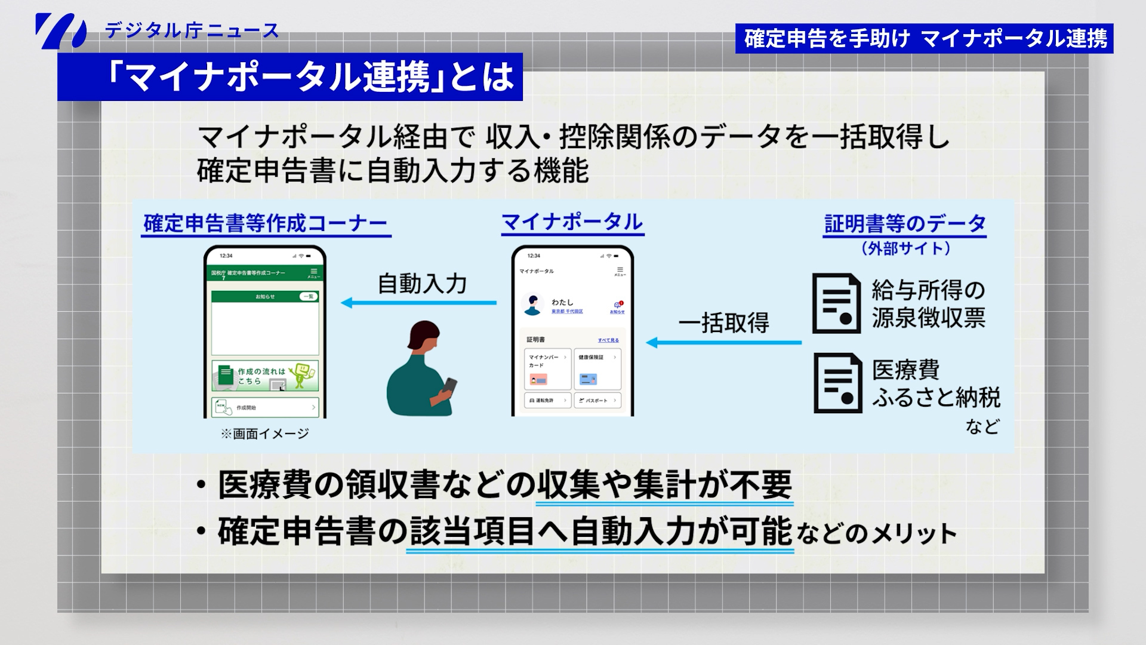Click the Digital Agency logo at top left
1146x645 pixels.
click(x=60, y=30)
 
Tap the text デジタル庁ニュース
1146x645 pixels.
click(x=192, y=30)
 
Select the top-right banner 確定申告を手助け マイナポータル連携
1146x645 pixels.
click(x=924, y=38)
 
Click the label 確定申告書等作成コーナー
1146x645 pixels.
click(x=266, y=224)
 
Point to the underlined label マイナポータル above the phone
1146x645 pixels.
click(x=572, y=222)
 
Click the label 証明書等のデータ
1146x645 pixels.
click(x=904, y=224)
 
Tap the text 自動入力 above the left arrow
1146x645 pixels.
click(x=422, y=284)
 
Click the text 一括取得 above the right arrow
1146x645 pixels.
click(x=723, y=323)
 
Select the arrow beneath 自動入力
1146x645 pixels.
click(x=418, y=303)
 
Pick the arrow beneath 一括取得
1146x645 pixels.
click(x=723, y=342)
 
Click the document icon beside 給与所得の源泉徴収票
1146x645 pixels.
click(x=836, y=303)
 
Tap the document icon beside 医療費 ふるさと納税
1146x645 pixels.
click(x=837, y=383)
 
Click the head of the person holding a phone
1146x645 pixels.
click(x=423, y=336)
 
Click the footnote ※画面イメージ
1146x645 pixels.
click(x=264, y=434)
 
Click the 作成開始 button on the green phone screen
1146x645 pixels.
click(x=265, y=407)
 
